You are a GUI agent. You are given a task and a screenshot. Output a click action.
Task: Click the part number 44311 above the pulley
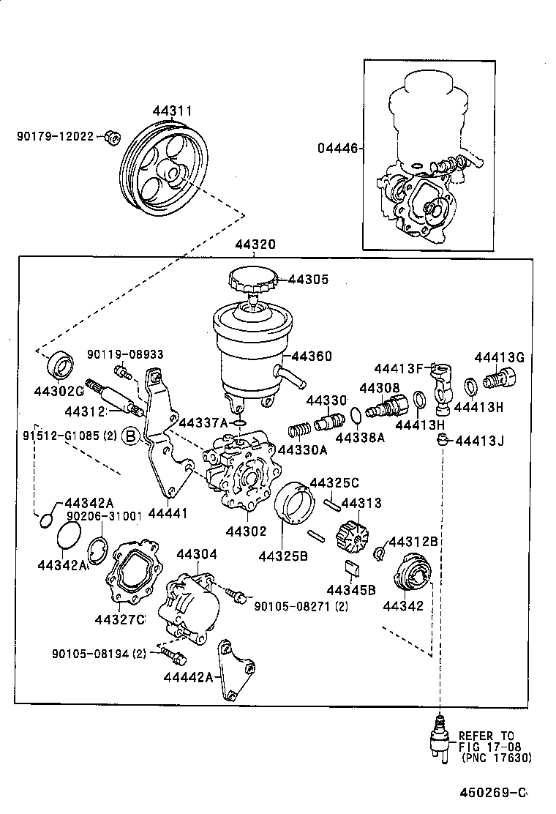pyautogui.click(x=172, y=111)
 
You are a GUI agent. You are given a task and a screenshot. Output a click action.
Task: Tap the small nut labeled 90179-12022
pyautogui.click(x=112, y=137)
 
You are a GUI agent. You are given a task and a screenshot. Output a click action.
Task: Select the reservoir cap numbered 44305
pyautogui.click(x=253, y=280)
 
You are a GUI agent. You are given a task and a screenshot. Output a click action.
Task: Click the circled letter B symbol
pyautogui.click(x=129, y=437)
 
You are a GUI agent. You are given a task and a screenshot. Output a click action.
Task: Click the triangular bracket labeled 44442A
pyautogui.click(x=236, y=670)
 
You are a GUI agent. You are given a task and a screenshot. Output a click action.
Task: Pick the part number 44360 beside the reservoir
pyautogui.click(x=312, y=356)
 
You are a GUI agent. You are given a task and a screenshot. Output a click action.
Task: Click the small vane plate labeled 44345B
pyautogui.click(x=351, y=567)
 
